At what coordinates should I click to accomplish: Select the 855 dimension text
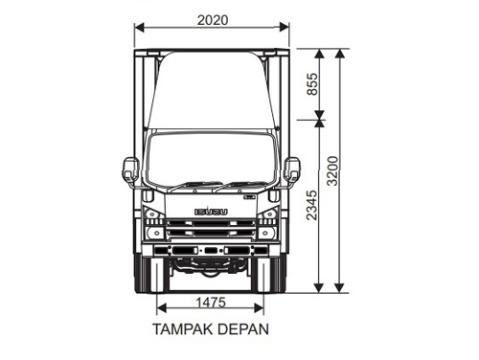[311, 84]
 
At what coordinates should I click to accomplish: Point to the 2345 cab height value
[311, 204]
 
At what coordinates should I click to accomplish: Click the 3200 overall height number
[332, 172]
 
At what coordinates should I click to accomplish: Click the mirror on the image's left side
[130, 169]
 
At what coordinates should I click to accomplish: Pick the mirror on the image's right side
[292, 169]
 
